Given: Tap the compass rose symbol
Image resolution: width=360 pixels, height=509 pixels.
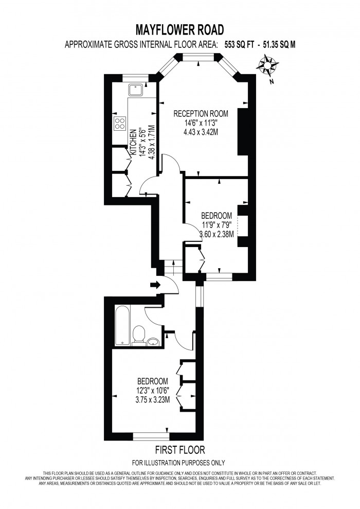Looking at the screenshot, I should coord(267,66).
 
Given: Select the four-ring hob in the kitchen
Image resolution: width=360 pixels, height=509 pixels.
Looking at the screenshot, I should coord(120,124).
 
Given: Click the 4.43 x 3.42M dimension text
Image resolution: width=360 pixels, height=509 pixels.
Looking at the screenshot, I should coord(201,132).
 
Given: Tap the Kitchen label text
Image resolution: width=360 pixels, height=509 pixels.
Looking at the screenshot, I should coord(133,143).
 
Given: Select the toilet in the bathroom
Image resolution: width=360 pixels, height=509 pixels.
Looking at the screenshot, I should coord(138,335).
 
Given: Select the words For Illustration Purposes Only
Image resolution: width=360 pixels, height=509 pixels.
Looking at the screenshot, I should coord(178,462).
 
